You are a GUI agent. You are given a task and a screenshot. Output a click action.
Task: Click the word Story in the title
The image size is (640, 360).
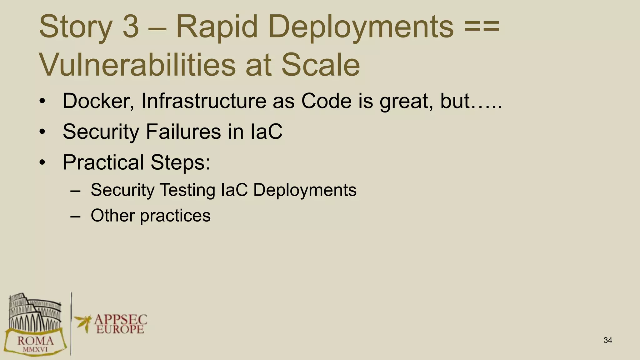(75, 27)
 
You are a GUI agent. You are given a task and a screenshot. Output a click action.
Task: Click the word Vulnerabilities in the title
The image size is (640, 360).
(137, 65)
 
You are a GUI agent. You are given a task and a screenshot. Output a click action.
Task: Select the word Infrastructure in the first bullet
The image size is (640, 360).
(203, 101)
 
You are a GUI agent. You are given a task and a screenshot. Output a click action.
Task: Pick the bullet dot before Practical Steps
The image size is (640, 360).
(42, 162)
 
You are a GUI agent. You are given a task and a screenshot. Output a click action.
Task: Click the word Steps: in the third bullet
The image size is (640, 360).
(180, 162)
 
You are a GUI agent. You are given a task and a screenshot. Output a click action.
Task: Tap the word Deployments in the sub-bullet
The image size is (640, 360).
(305, 190)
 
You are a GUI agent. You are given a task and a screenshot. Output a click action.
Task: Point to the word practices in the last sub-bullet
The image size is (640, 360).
(175, 216)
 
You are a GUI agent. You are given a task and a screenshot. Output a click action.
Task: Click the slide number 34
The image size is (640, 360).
(607, 340)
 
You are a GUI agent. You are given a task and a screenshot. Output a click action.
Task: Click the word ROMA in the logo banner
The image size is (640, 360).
(35, 340)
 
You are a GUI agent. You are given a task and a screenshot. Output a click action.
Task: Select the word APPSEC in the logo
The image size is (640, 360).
(120, 319)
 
